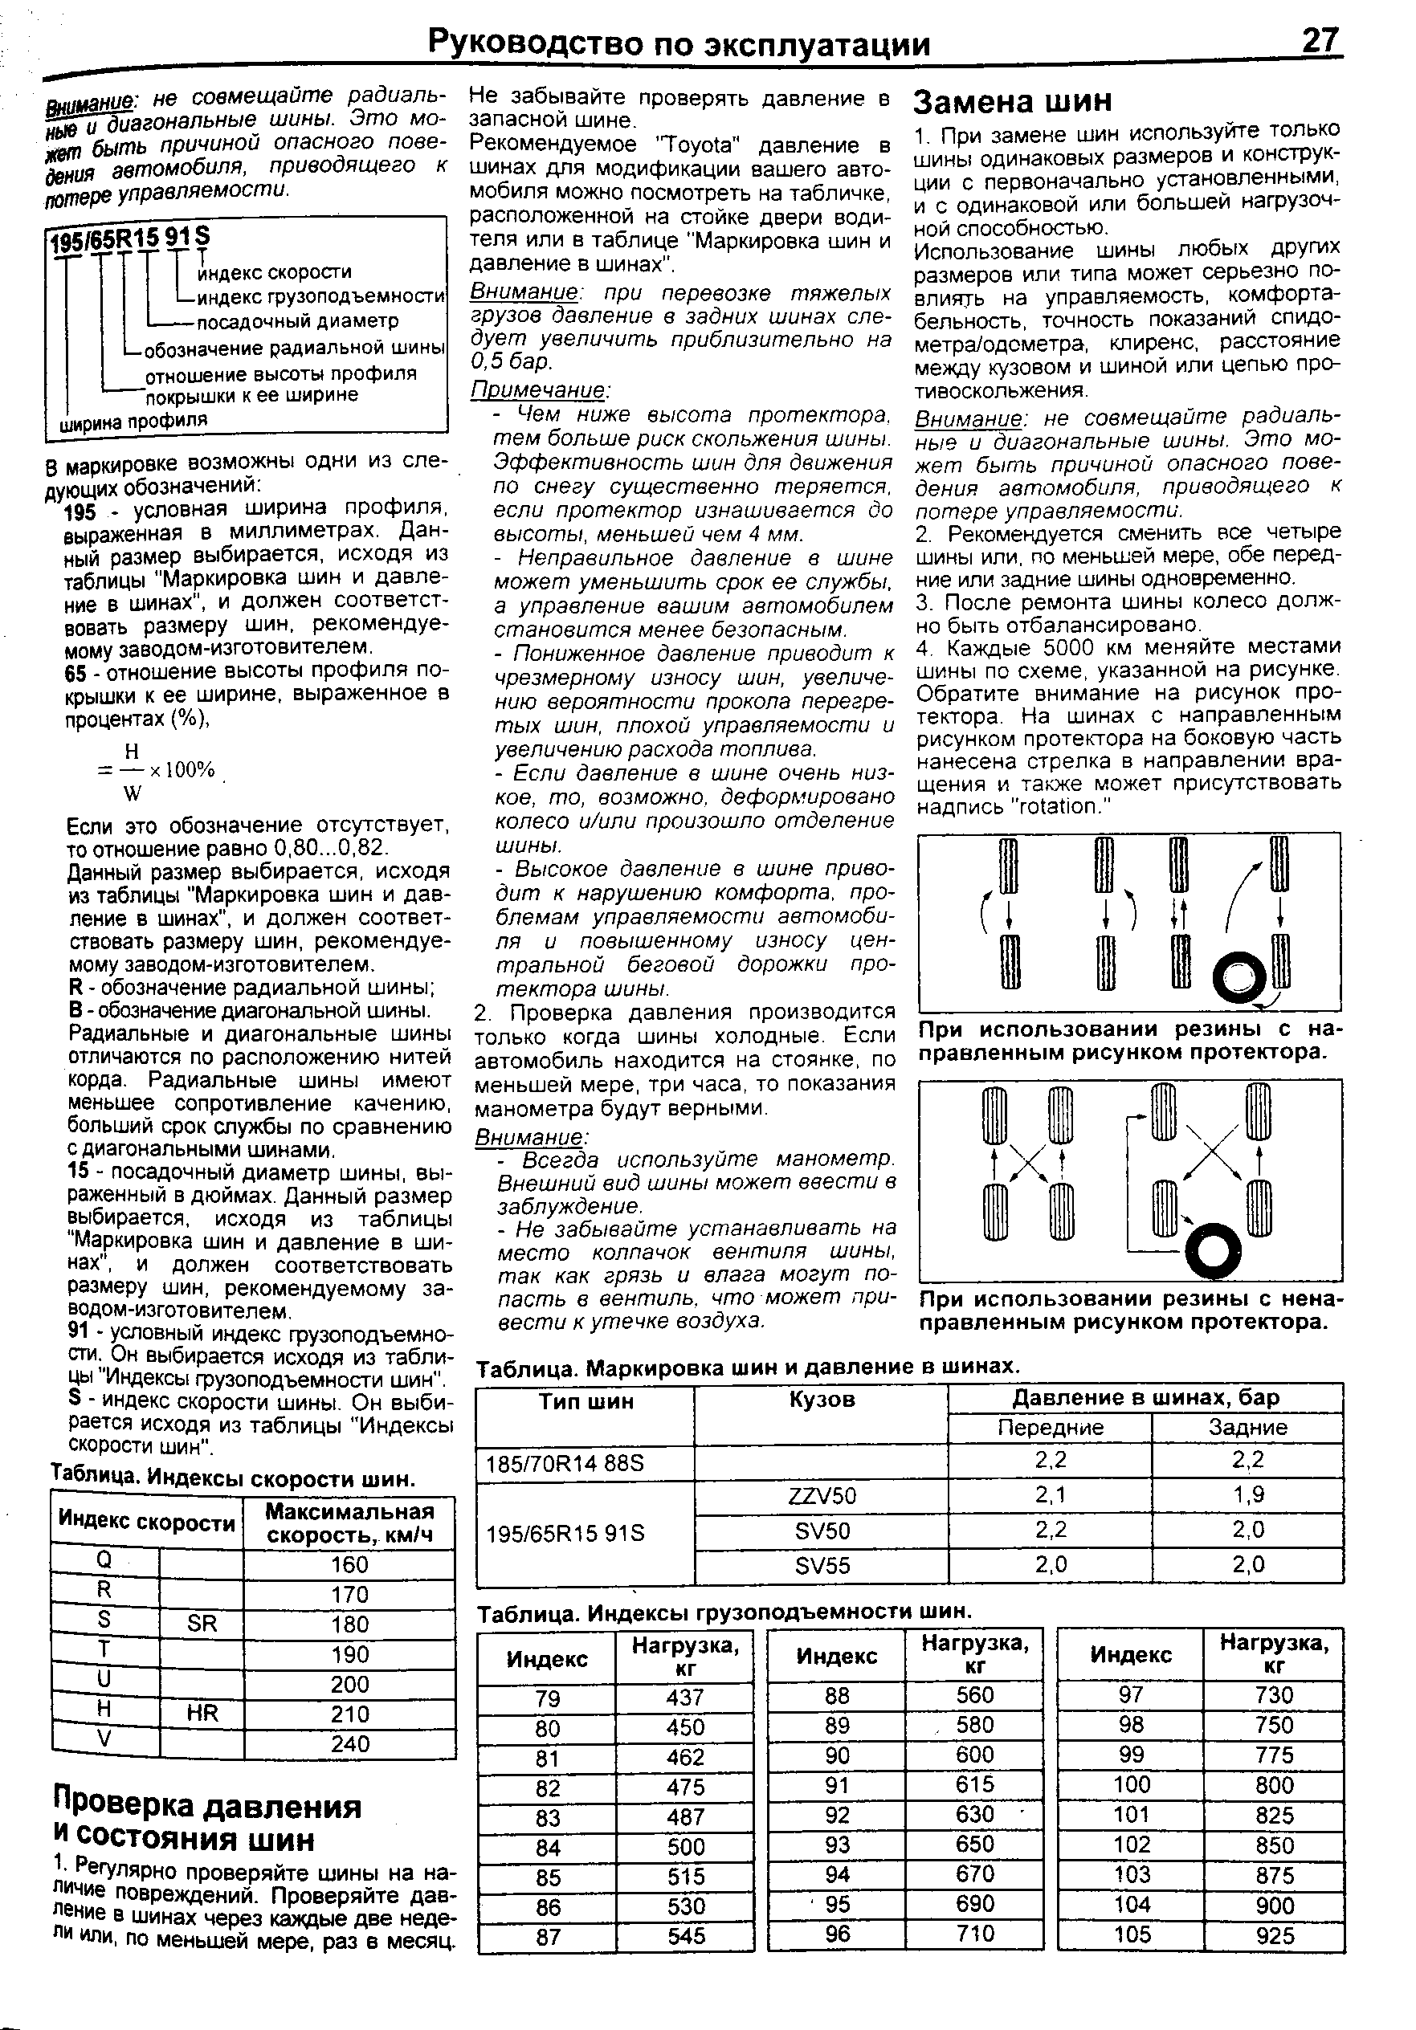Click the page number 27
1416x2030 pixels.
(1320, 42)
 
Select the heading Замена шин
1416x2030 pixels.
(1012, 102)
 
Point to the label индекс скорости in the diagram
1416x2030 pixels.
(274, 272)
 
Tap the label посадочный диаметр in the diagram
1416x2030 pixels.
(297, 320)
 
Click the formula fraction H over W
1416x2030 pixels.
(132, 771)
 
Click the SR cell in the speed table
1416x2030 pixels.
(202, 1624)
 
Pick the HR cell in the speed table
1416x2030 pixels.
(202, 1713)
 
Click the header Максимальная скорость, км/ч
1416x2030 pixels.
(349, 1522)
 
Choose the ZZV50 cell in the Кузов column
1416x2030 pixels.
(821, 1496)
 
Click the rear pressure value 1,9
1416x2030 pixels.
(1247, 1495)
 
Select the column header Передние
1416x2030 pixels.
(1050, 1428)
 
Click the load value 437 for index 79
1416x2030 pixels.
(685, 1698)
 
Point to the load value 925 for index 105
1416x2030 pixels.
(1275, 1936)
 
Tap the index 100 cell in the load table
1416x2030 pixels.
(1131, 1784)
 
